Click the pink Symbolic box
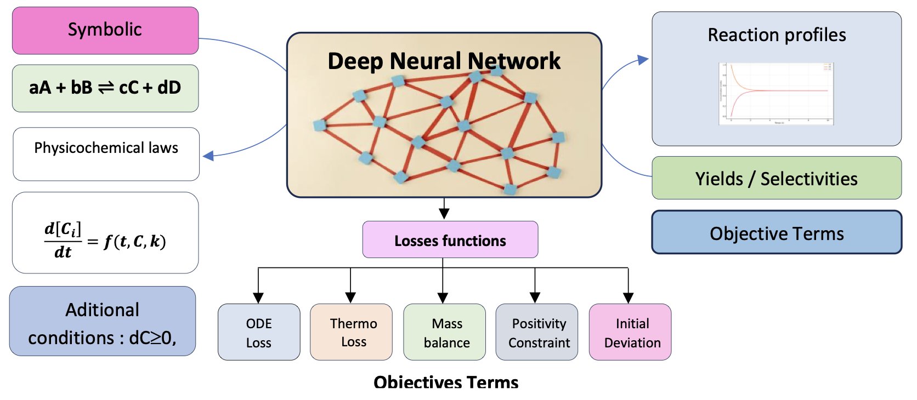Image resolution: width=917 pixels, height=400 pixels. [105, 30]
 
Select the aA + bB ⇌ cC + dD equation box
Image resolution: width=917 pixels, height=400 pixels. [105, 88]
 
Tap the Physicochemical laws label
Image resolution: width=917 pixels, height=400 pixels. [106, 148]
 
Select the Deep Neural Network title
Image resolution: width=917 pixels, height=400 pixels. [444, 61]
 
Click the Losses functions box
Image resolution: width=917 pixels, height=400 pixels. [450, 240]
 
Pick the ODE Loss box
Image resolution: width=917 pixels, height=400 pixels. [259, 333]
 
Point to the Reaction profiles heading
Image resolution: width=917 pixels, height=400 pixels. [776, 35]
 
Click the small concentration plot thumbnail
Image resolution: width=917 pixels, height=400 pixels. [776, 94]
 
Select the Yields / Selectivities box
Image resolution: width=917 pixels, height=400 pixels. [776, 179]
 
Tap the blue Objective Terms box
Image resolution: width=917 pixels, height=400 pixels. [776, 233]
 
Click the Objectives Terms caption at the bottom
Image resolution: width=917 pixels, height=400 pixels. [445, 382]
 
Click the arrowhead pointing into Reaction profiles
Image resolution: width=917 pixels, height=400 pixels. [643, 60]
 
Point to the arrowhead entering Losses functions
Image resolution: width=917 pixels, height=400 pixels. [444, 215]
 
